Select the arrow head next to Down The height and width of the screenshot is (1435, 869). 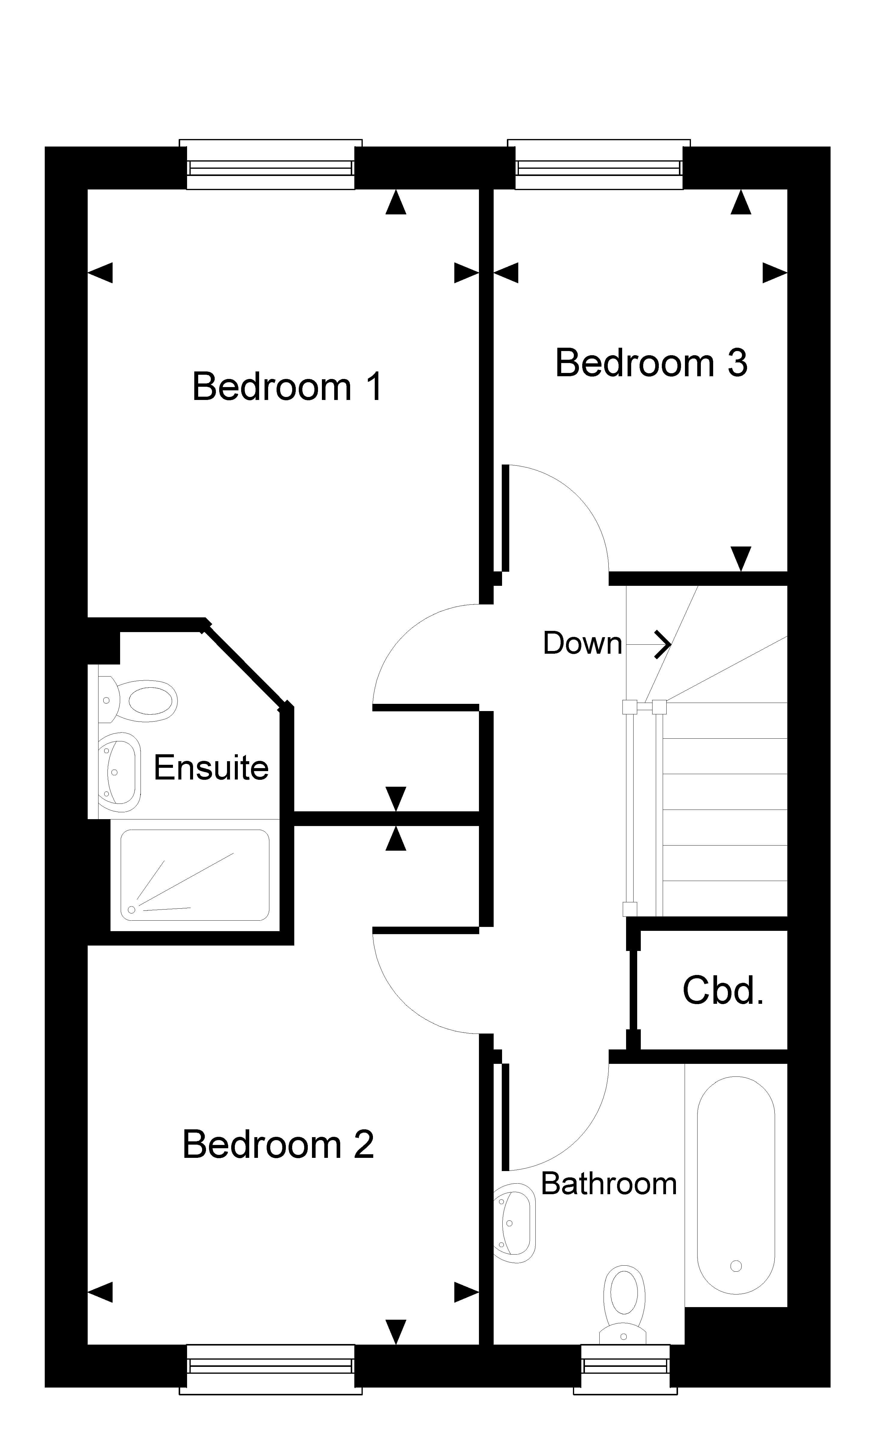663,644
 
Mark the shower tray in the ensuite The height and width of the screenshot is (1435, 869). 195,875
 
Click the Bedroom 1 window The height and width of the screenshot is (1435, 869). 271,165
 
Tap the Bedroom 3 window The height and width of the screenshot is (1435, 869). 599,165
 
